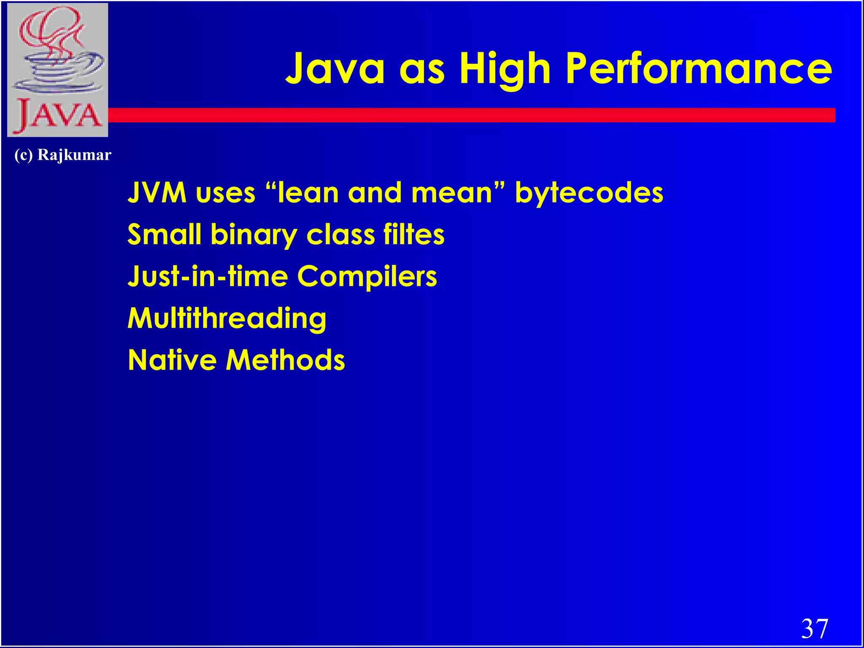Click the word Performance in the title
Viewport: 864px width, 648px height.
pos(699,68)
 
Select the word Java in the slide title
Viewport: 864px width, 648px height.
pos(335,68)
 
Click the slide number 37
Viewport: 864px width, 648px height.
pos(815,629)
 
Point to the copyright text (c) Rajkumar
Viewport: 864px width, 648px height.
pos(63,155)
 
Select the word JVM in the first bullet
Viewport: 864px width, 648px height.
pos(157,193)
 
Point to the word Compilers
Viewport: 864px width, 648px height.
pos(367,277)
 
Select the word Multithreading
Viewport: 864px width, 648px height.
pos(227,319)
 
